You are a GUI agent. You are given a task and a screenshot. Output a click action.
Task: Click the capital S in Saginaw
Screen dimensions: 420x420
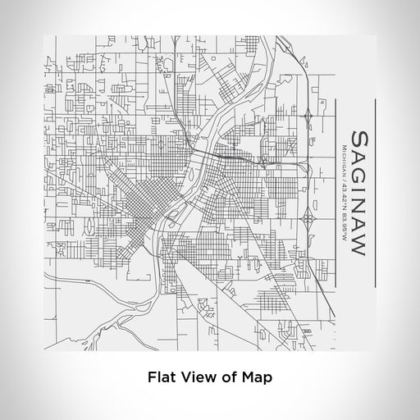(x=358, y=135)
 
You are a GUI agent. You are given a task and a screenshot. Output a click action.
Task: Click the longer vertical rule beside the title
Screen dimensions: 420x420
(x=375, y=193)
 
